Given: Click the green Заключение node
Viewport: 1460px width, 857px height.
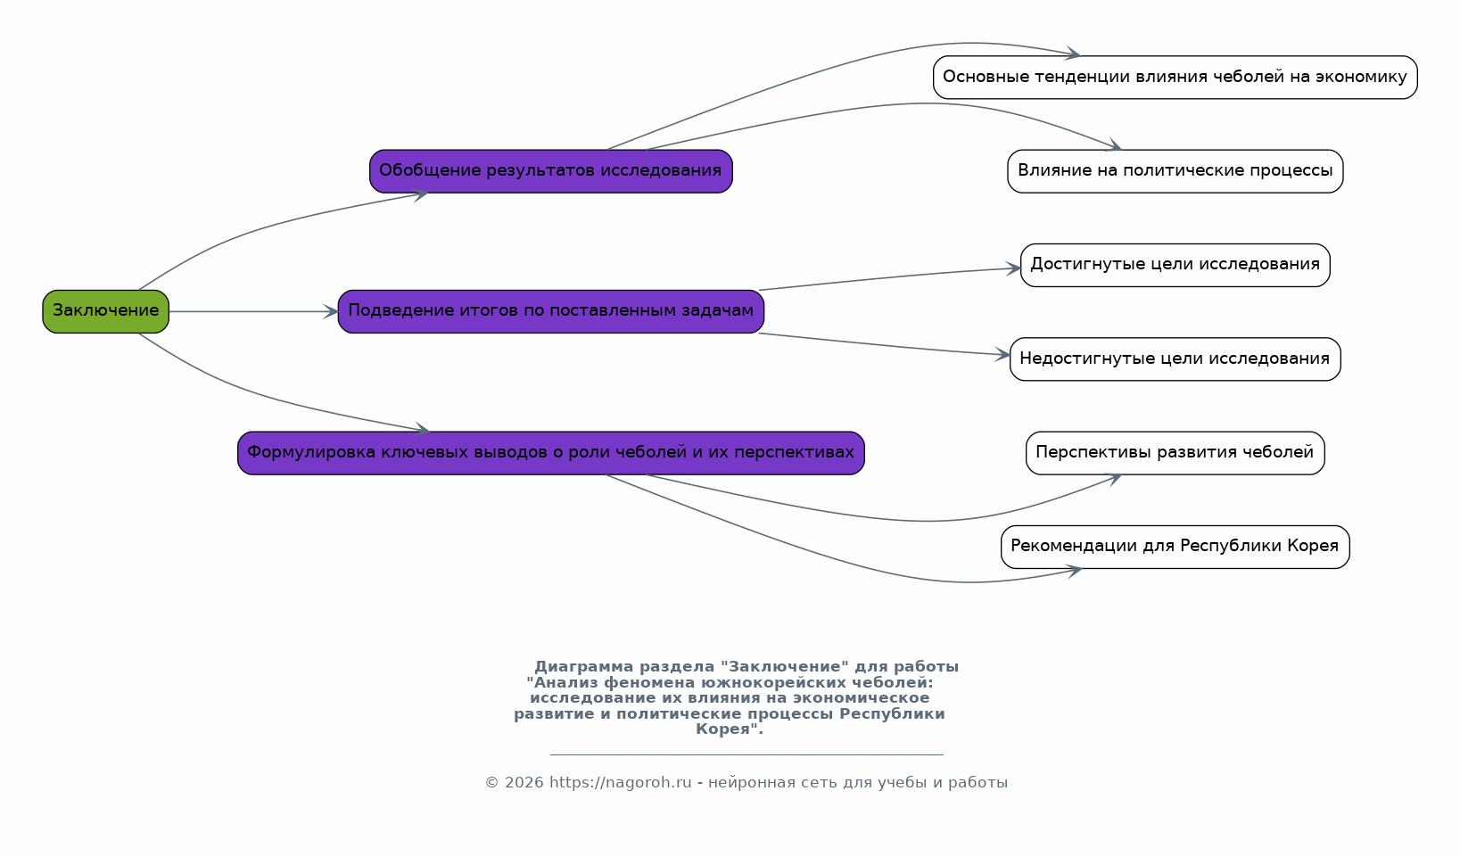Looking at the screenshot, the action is [x=105, y=311].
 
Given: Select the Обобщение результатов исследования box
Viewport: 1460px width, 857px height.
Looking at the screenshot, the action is [x=551, y=171].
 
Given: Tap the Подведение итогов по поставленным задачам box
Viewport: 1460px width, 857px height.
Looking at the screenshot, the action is [x=551, y=311].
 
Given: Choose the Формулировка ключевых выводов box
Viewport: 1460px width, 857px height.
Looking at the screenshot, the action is [x=551, y=453].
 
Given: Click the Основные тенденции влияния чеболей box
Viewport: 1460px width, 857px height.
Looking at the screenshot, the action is [x=1175, y=78].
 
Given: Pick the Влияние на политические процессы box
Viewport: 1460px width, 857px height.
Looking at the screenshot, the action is [x=1175, y=171].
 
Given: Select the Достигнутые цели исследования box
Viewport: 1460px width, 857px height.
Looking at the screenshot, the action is [x=1175, y=265].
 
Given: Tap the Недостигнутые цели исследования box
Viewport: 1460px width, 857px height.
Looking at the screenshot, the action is [x=1175, y=359].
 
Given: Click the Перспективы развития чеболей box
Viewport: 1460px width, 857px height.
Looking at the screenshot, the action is [x=1175, y=453].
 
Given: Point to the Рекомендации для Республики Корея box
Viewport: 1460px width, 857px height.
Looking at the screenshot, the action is [x=1175, y=547].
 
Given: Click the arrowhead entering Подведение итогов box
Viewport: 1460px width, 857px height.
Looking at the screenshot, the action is [x=331, y=311].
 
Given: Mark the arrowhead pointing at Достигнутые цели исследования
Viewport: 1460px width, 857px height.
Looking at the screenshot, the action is [x=1013, y=268].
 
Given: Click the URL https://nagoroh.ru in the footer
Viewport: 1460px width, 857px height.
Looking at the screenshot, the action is [x=620, y=782].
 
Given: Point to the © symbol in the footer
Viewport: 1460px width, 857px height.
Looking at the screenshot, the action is [x=491, y=783].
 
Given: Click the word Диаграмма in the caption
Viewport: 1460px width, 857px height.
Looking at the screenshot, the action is [x=584, y=667].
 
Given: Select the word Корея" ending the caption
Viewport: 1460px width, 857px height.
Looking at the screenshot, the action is [x=730, y=729].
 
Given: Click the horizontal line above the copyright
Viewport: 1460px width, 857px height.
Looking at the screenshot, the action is [x=746, y=754].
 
